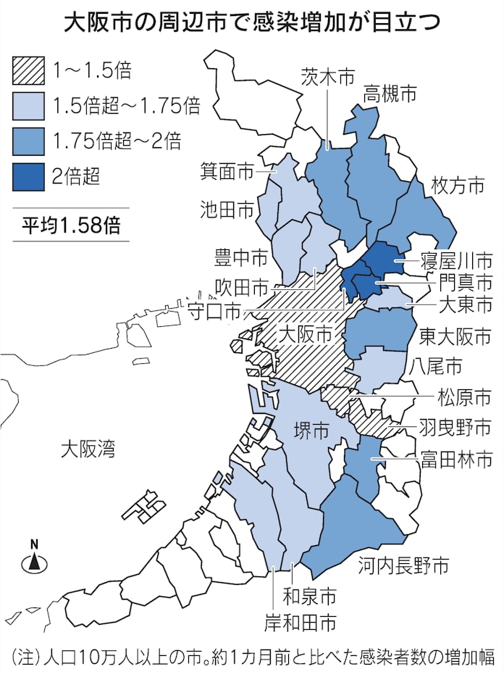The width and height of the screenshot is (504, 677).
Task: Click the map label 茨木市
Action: (x=328, y=76)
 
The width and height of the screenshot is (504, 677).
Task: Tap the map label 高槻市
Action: (x=390, y=94)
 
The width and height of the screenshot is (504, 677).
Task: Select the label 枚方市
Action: (x=456, y=186)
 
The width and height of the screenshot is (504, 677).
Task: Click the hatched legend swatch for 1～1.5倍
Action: (x=29, y=70)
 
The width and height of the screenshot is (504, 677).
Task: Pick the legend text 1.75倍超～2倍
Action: (x=117, y=140)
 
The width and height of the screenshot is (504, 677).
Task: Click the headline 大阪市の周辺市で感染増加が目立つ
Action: (x=251, y=22)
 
